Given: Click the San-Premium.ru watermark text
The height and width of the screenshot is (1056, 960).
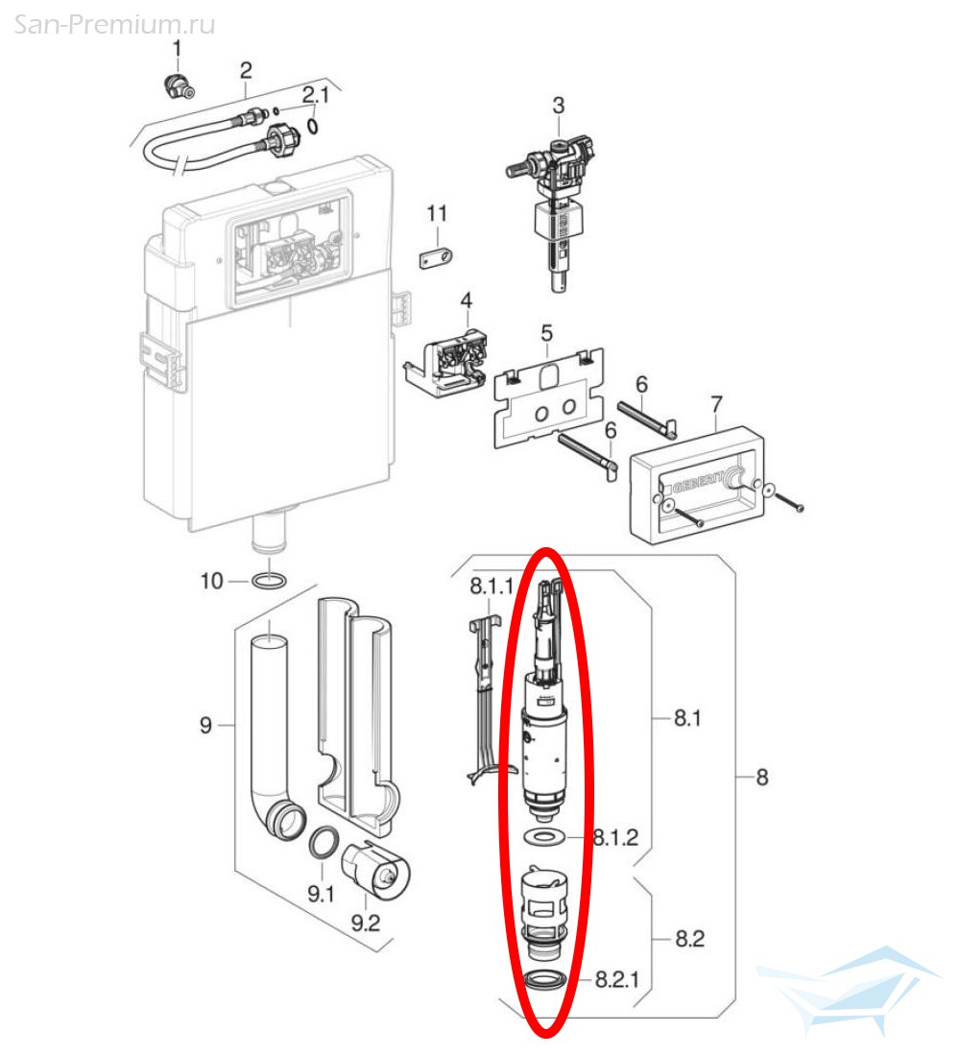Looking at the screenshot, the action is (114, 24).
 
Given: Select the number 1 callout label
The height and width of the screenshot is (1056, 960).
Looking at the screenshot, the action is (178, 49).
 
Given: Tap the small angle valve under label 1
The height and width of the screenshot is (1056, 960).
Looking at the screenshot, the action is (179, 86).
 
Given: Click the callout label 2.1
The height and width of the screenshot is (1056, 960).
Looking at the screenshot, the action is (315, 95).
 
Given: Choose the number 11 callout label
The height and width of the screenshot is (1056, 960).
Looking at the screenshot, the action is (437, 213).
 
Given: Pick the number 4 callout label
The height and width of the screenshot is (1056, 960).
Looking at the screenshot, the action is (467, 300).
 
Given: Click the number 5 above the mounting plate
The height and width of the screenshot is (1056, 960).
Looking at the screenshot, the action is (547, 333).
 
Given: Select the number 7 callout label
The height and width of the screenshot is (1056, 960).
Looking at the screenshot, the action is (716, 404).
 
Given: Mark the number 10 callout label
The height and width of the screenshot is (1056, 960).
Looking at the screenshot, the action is (211, 580).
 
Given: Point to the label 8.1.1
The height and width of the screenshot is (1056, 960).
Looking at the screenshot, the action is (492, 586).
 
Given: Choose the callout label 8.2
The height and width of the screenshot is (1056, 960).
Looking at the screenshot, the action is (690, 938).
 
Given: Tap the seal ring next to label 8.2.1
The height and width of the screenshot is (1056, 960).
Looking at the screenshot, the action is (545, 980).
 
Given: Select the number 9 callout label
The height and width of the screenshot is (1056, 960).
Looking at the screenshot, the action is (205, 725).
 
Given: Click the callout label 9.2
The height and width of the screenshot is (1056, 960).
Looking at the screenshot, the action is (365, 922).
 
